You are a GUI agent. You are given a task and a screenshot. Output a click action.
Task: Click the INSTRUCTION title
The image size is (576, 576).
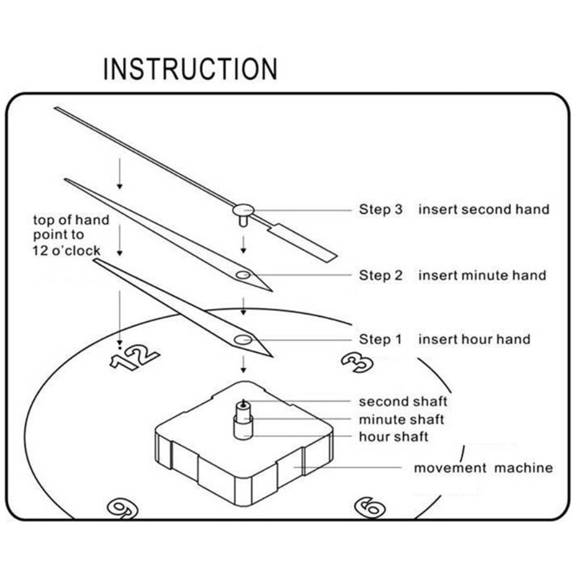point(190,68)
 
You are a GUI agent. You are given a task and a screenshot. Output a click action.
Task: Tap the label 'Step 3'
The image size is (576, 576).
point(381,210)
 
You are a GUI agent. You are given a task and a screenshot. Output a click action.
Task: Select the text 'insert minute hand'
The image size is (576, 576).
point(482,275)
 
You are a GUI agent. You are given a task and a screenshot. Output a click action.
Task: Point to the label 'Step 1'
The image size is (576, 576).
point(381,339)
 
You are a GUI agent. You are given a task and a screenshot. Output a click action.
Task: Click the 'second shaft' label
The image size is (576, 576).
point(403,402)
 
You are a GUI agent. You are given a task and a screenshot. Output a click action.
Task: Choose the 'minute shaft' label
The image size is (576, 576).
point(402,419)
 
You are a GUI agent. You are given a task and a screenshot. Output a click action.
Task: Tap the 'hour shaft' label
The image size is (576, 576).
point(393,437)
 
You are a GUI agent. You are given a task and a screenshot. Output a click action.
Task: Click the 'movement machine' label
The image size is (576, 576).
point(483,468)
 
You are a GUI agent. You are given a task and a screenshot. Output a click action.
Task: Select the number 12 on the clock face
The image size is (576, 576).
point(135,356)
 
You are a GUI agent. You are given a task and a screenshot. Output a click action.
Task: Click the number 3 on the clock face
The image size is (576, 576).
point(357,363)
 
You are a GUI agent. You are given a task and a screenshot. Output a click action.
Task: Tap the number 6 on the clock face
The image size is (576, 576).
point(369,508)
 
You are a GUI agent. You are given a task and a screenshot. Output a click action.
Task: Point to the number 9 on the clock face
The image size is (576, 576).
point(122,510)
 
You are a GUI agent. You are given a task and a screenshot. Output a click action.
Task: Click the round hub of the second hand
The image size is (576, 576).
point(243,210)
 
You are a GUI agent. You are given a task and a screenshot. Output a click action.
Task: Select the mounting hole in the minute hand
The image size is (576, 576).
point(243,275)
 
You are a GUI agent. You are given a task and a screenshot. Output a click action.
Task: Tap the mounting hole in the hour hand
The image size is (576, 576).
point(243,340)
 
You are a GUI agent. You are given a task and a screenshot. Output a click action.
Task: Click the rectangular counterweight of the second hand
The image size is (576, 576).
point(302,243)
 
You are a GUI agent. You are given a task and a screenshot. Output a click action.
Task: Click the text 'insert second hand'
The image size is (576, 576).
point(484,210)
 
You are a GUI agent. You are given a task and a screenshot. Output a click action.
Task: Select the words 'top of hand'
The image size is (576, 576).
point(71,220)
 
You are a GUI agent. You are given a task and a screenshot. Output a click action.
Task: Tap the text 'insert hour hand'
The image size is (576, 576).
point(474,339)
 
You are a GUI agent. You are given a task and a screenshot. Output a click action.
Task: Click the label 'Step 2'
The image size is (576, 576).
point(381,275)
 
